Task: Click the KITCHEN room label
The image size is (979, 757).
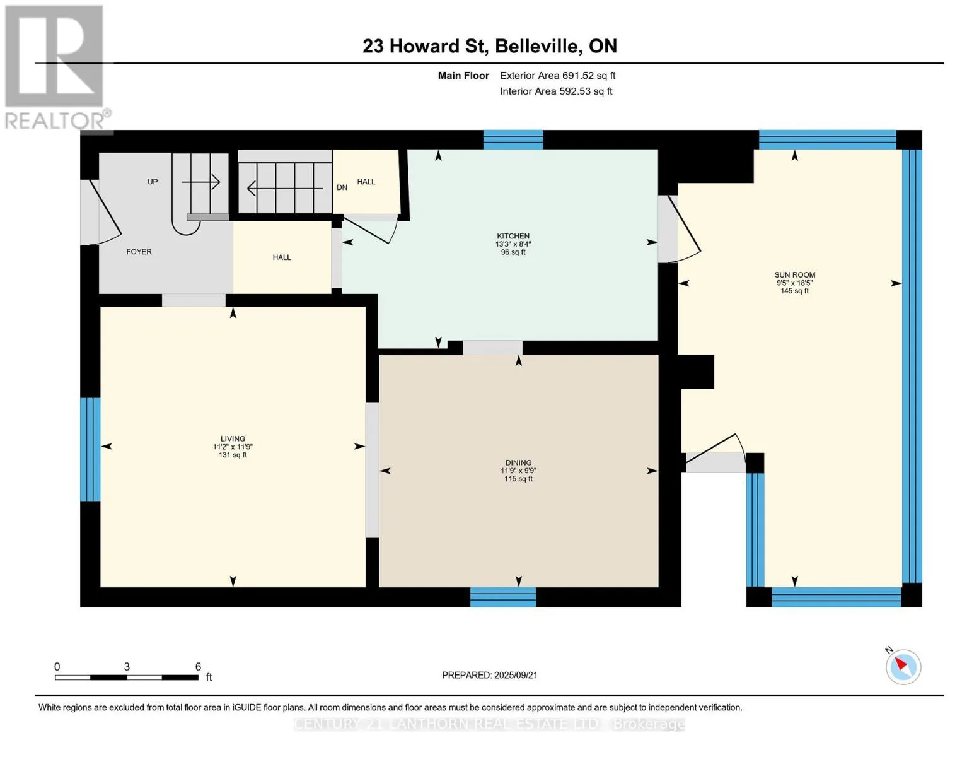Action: click(x=513, y=236)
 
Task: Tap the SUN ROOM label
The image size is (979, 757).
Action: click(x=794, y=274)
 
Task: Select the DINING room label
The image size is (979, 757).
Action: click(x=518, y=462)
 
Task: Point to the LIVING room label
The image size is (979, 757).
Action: click(x=233, y=438)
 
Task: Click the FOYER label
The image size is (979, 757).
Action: click(x=139, y=252)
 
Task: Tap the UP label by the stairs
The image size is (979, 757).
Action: click(x=153, y=182)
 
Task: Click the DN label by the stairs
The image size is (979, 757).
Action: click(x=342, y=187)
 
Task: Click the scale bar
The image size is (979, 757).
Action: click(x=127, y=677)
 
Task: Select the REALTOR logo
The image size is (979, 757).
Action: click(x=56, y=67)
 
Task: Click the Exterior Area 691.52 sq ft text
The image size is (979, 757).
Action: click(x=557, y=76)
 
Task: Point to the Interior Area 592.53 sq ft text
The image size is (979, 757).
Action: click(x=556, y=91)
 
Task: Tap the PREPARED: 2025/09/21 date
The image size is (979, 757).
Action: click(x=490, y=675)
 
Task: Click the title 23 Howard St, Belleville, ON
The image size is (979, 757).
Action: click(x=490, y=46)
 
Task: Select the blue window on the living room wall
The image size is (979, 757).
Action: click(x=90, y=449)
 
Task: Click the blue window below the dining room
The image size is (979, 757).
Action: click(x=503, y=597)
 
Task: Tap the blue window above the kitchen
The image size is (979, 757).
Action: click(x=513, y=140)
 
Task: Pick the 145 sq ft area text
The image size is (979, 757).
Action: click(x=794, y=291)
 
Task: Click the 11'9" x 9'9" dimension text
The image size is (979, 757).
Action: click(x=518, y=471)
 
